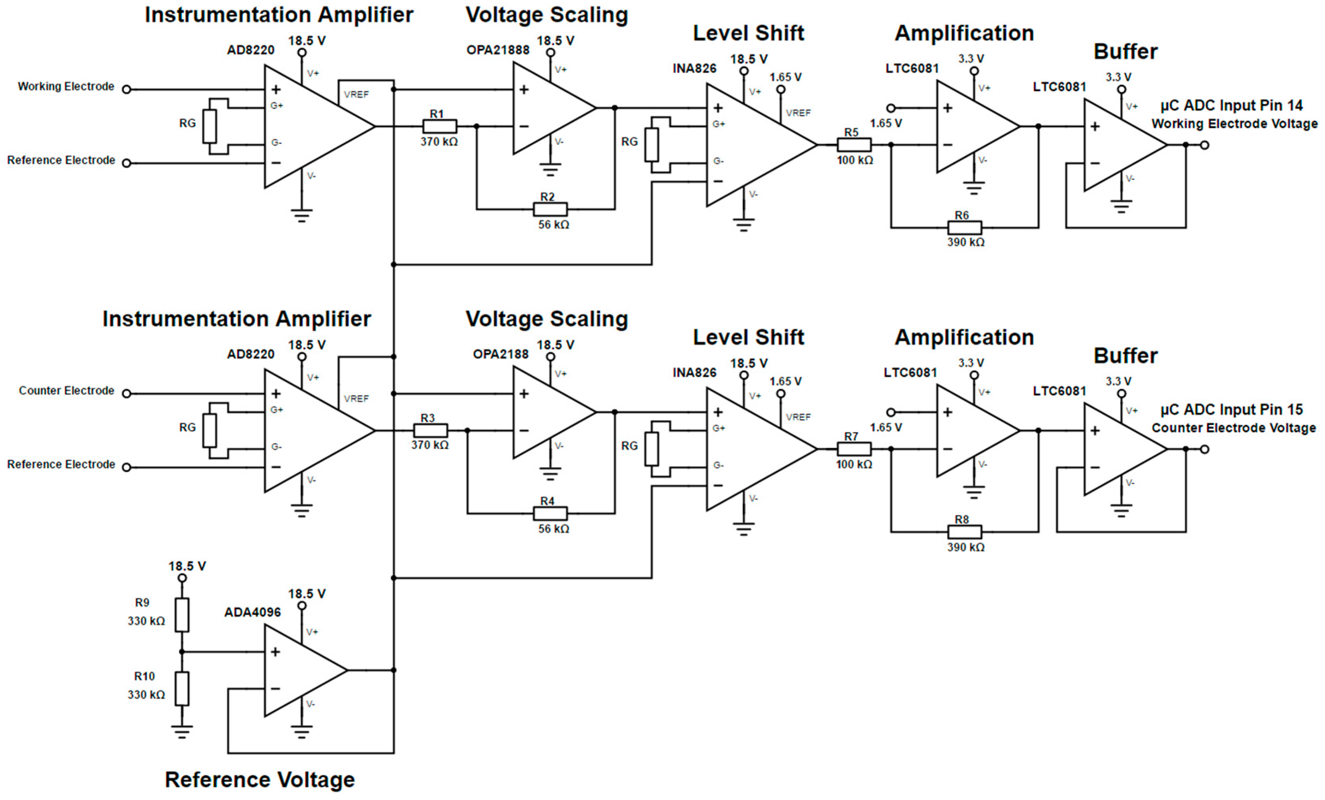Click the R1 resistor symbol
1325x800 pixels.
point(439,126)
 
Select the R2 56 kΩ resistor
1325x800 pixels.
point(550,209)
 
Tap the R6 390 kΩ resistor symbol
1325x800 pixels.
point(964,228)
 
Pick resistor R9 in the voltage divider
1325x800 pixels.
point(182,615)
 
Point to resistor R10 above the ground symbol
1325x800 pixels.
point(182,688)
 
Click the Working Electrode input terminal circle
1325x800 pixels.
point(126,89)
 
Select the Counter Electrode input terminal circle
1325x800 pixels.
point(126,393)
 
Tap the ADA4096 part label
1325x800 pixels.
point(252,612)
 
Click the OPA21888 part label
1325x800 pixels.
point(497,50)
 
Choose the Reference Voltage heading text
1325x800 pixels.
point(260,780)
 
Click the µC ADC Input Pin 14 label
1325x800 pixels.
point(1231,105)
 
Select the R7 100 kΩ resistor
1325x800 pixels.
point(854,449)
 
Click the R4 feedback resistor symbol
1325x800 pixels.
point(550,513)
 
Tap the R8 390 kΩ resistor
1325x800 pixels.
point(964,532)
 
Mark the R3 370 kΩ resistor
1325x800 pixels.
point(430,430)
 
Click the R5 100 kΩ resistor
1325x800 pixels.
point(854,145)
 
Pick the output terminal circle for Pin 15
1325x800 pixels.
point(1205,449)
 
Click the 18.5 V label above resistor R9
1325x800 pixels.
point(187,566)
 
